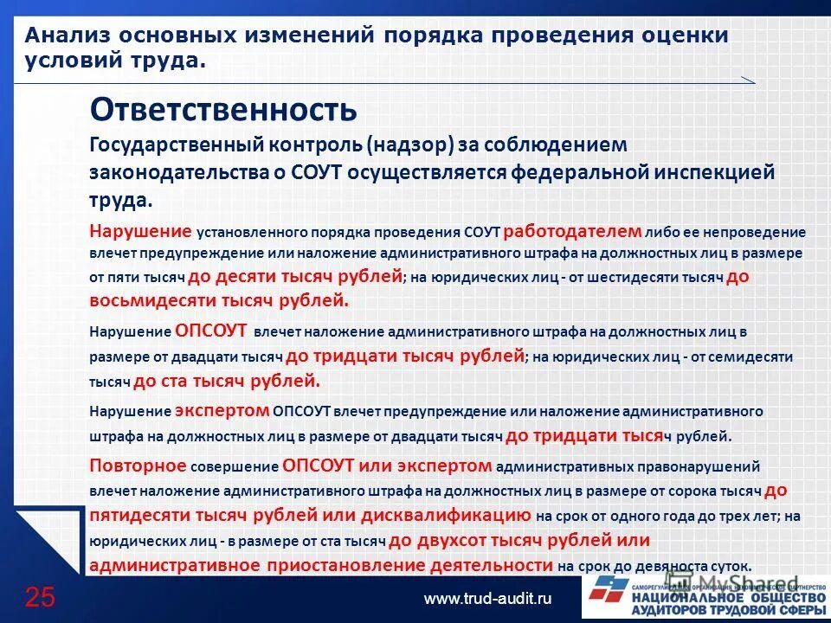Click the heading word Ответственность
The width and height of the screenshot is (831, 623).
click(223, 110)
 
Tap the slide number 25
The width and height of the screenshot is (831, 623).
click(40, 596)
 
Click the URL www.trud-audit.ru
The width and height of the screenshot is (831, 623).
click(487, 598)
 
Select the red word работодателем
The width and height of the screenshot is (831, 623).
click(572, 231)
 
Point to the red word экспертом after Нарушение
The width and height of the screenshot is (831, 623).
click(222, 410)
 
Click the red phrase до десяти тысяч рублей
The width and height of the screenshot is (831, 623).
click(294, 277)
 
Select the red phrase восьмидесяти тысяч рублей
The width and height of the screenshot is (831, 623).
click(219, 300)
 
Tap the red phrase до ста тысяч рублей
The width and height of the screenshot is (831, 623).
click(227, 380)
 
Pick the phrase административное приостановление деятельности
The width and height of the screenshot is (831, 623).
click(321, 565)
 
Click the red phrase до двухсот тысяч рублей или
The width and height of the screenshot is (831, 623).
click(519, 540)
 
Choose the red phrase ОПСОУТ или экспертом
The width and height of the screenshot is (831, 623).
click(387, 466)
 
